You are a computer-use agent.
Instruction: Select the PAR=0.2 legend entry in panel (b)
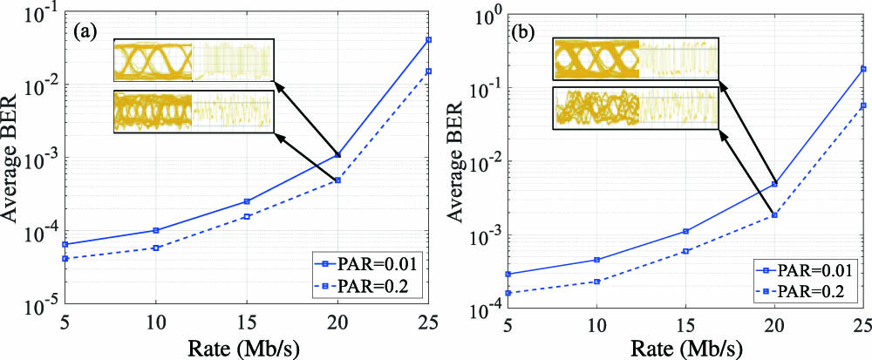pos(806,287)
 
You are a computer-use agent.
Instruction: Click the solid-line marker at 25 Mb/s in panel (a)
pos(428,40)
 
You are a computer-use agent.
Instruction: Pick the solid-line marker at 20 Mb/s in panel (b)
pos(774,184)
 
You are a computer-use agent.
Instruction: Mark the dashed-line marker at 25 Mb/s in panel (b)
pos(863,105)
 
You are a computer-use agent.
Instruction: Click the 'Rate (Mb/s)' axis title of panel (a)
pos(245,346)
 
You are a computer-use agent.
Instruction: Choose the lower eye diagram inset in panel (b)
pos(636,111)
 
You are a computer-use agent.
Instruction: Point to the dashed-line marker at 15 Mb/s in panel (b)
pos(685,251)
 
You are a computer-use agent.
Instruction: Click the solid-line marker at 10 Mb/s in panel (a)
pos(155,230)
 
